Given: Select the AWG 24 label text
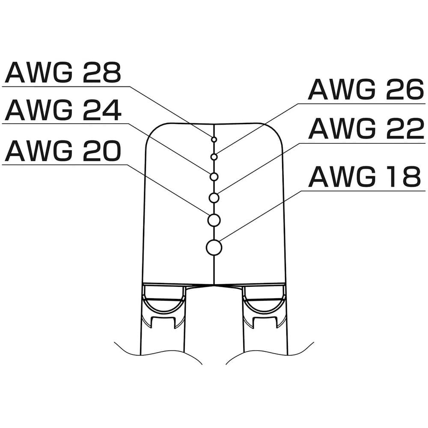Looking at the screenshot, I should coord(63,110).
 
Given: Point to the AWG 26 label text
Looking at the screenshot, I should coord(366,90).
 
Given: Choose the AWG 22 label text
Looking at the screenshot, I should coord(366,129).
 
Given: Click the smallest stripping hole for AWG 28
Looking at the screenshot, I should coord(214,139).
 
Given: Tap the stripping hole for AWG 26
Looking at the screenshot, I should coord(214,157).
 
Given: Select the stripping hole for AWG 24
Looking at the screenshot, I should coord(214,176).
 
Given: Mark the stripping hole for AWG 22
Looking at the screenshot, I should coord(214,198).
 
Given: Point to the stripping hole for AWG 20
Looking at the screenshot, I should coord(214,220).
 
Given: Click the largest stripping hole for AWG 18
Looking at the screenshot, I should coord(214,247).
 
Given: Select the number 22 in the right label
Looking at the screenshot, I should coord(404,129).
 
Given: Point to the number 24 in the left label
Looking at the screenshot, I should coord(102,110).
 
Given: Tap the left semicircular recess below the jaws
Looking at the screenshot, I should coord(164,302).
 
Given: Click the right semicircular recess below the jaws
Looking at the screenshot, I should coord(264,302).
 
